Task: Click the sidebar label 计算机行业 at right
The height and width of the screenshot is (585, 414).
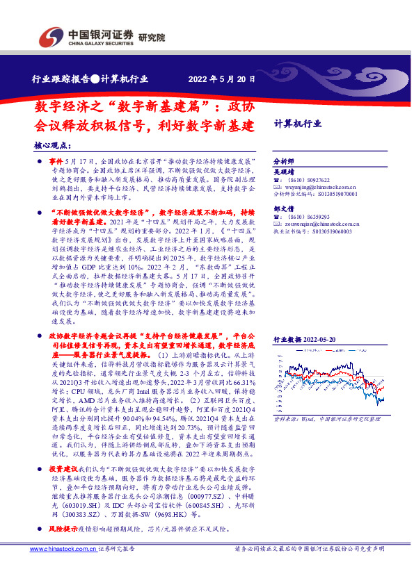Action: click(298, 124)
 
